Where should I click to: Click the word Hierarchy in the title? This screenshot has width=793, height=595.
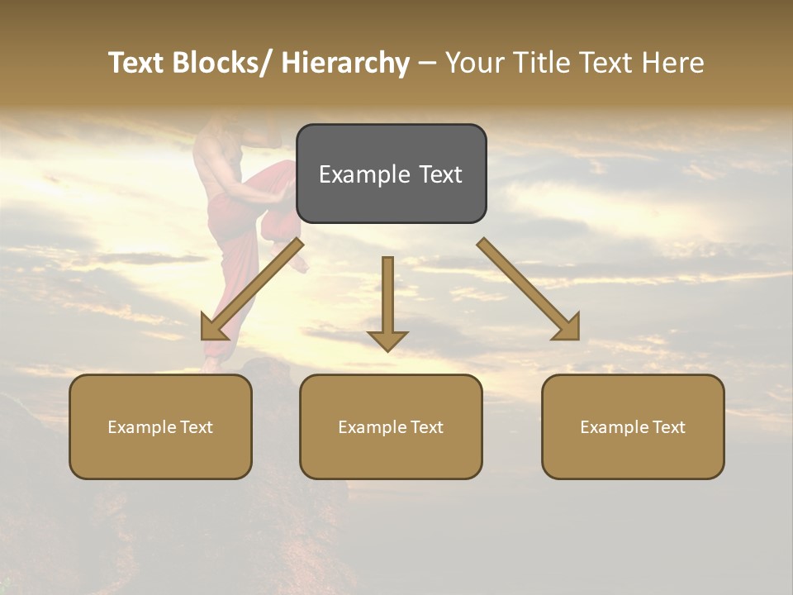pyautogui.click(x=344, y=63)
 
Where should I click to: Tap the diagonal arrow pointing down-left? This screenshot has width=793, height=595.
pyautogui.click(x=251, y=290)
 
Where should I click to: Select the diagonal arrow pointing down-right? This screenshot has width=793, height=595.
pyautogui.click(x=529, y=289)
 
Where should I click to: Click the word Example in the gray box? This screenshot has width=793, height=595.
pyautogui.click(x=354, y=174)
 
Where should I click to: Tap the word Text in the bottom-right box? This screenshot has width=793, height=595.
pyautogui.click(x=668, y=427)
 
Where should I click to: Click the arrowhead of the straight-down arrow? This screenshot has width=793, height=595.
pyautogui.click(x=387, y=340)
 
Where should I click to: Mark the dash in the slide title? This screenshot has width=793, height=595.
pyautogui.click(x=427, y=64)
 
